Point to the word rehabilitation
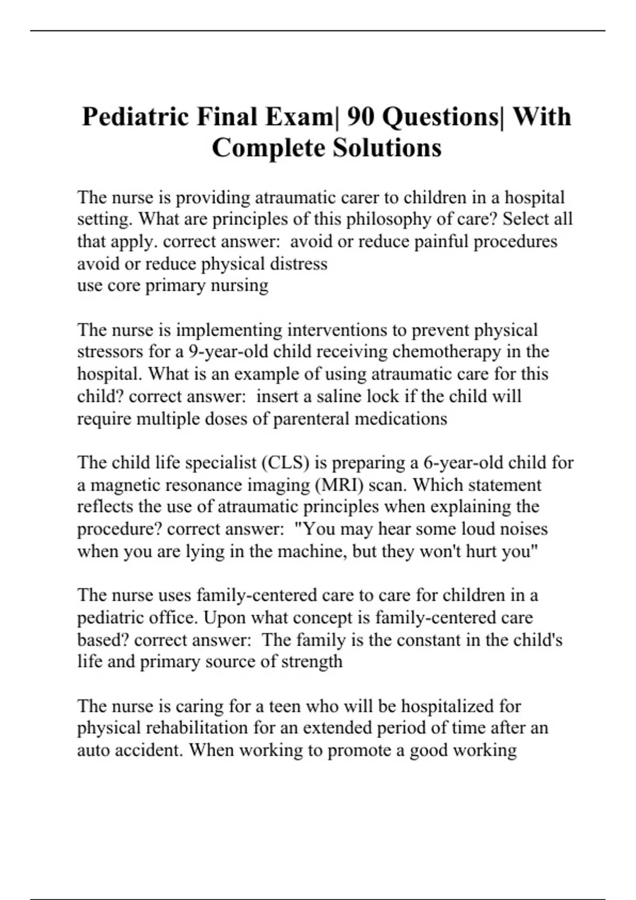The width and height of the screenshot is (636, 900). click(190, 728)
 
